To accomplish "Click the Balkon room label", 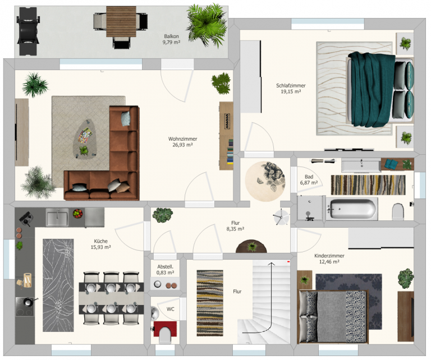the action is [171, 36].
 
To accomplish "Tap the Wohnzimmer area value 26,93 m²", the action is [182, 145].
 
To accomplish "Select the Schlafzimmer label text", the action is [291, 86].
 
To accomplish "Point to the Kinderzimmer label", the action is [329, 256].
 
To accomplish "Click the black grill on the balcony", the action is [27, 31].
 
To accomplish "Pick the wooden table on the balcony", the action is [121, 21].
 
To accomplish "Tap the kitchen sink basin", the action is [57, 217].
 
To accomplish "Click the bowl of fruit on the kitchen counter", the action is [78, 213].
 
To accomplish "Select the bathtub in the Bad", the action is [352, 209].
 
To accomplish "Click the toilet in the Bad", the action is [398, 211].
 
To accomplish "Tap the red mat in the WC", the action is [165, 329].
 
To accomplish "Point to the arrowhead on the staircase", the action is [271, 264].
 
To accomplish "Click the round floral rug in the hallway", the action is [265, 182].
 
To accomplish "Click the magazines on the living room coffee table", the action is [85, 135].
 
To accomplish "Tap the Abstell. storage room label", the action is [165, 267].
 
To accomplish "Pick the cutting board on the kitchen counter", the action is [27, 280].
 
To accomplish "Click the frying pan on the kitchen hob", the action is [28, 302].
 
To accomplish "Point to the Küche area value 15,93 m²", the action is [100, 247].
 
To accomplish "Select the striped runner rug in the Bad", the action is [368, 185].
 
